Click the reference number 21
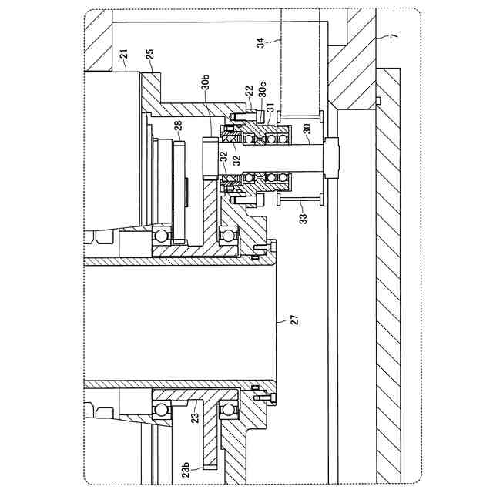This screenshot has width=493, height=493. coord(122,54)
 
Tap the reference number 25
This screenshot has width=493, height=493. coord(149,55)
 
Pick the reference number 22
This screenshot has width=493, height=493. coord(249,92)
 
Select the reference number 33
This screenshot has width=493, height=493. coord(304,218)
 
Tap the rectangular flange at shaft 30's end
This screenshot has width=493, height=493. coord(333,156)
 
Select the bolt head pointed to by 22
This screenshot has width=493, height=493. coord(236,116)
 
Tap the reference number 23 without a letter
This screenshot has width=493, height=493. coord(195,417)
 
